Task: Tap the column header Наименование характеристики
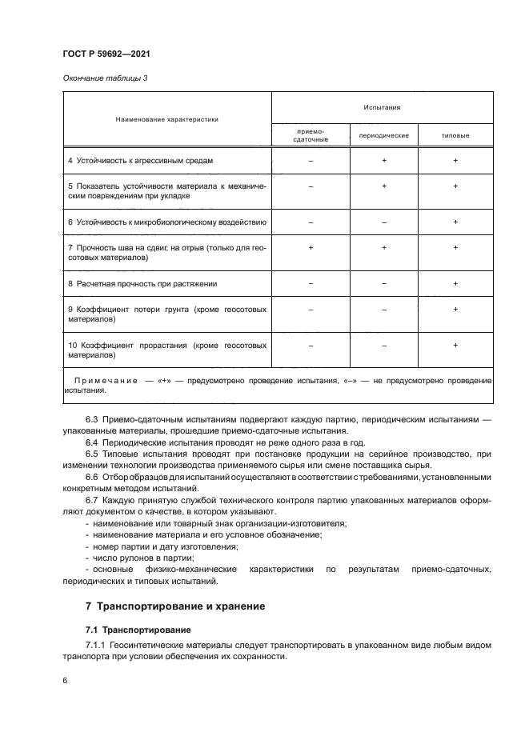(x=166, y=119)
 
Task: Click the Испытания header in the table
(x=382, y=106)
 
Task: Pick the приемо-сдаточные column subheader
(x=310, y=135)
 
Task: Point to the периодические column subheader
(x=383, y=135)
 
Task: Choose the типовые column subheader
(x=455, y=135)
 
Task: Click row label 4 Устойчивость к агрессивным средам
(x=141, y=161)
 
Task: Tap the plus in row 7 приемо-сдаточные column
(x=310, y=248)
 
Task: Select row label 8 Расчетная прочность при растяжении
(x=142, y=283)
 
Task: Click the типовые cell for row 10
(x=455, y=345)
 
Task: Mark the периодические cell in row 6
(x=383, y=222)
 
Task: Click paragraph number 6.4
(x=93, y=441)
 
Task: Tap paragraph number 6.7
(x=93, y=499)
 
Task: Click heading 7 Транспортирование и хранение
(x=175, y=606)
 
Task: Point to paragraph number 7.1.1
(x=97, y=645)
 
